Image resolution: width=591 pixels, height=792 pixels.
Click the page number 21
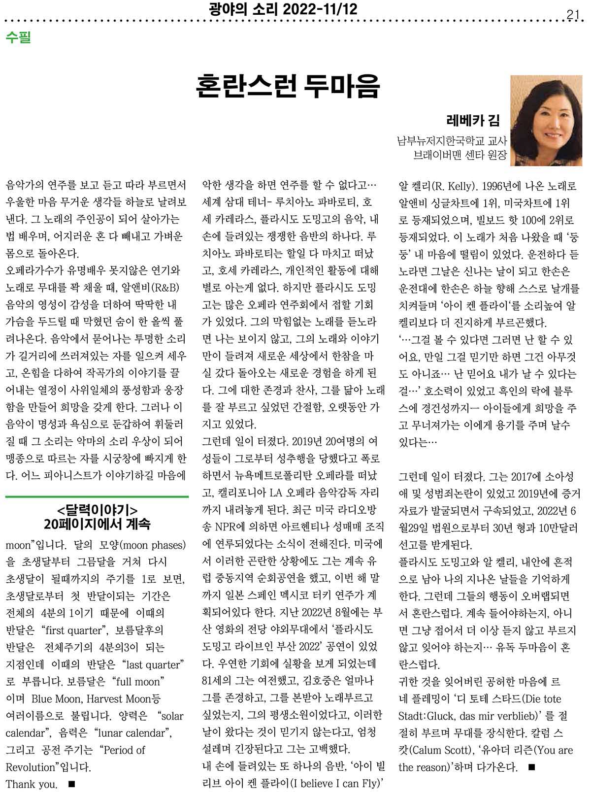[x=572, y=15]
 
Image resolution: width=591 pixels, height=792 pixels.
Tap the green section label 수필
[x=18, y=37]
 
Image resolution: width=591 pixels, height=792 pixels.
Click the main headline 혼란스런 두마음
[x=288, y=86]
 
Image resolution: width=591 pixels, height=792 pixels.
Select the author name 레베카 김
[x=472, y=121]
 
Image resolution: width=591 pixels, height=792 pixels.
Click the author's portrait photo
[x=546, y=120]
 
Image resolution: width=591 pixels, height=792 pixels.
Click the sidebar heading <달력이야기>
[x=98, y=509]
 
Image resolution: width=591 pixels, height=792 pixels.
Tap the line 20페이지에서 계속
[x=98, y=523]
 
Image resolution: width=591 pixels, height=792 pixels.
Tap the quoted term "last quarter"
[x=155, y=664]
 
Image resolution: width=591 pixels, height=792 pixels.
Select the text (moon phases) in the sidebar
[x=153, y=545]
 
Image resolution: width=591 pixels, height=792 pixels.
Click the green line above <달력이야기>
[x=97, y=496]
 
